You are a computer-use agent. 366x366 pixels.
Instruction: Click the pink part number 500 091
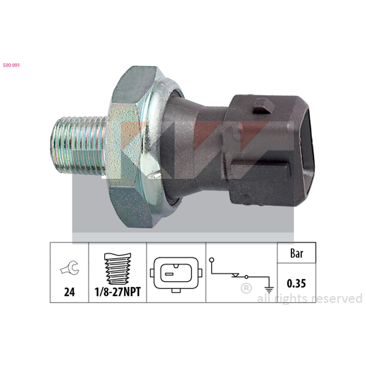(x=11, y=65)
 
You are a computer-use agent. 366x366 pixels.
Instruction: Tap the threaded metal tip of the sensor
(x=78, y=144)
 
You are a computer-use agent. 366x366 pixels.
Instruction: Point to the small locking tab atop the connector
(x=264, y=106)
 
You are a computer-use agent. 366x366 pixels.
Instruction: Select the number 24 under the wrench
(x=70, y=292)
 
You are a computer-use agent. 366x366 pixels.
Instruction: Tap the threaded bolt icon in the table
(x=118, y=269)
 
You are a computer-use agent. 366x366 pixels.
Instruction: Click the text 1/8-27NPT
(x=118, y=292)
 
